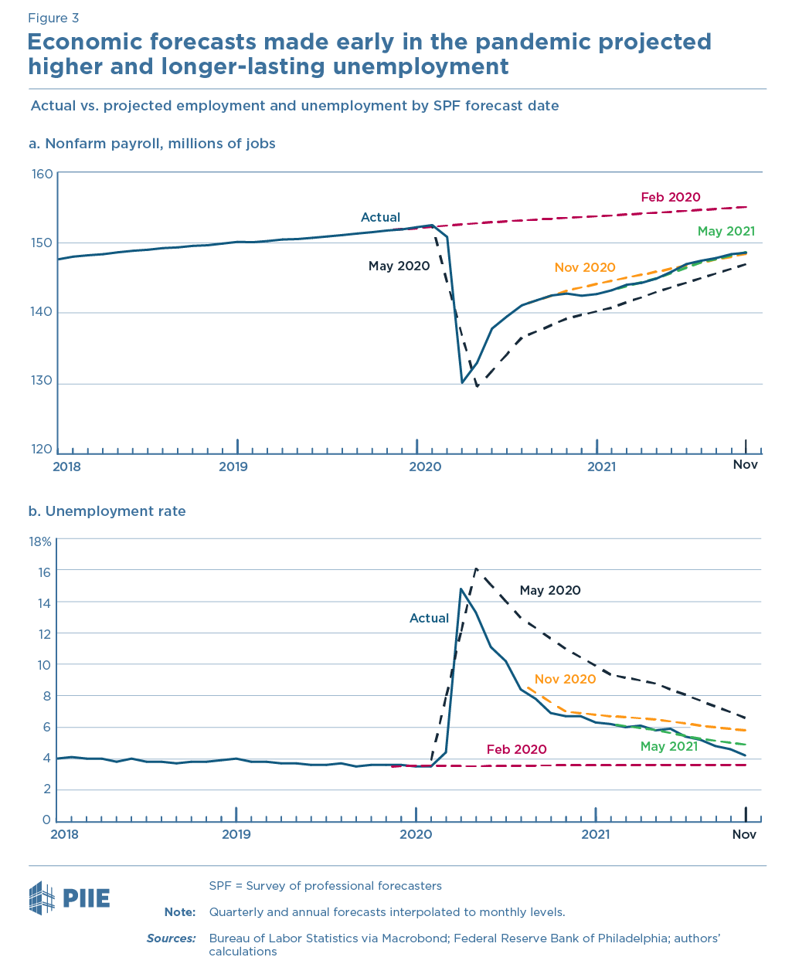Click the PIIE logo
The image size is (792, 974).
[x=70, y=898]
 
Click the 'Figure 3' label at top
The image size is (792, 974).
[x=53, y=18]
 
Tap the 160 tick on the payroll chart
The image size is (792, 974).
[x=43, y=174]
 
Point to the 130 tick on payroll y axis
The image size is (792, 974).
[x=43, y=381]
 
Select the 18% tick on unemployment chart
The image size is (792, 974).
[x=40, y=541]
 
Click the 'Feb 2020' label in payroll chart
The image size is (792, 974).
[x=671, y=197]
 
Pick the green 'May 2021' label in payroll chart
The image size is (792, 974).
[x=726, y=231]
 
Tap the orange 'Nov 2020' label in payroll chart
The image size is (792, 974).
[x=585, y=267]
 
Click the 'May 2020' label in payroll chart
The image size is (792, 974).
[x=399, y=266]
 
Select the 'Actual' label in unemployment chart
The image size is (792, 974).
[x=429, y=618]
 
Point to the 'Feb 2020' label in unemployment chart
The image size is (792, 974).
[x=516, y=749]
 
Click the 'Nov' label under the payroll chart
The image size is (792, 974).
[x=746, y=464]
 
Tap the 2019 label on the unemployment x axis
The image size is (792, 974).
[x=236, y=834]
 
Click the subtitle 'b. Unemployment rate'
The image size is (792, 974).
[x=107, y=511]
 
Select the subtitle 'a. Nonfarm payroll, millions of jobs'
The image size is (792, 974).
[x=152, y=144]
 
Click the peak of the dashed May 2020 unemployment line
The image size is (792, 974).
[x=476, y=568]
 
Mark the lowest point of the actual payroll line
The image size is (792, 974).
[x=462, y=382]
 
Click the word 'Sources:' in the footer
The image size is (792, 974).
[x=172, y=938]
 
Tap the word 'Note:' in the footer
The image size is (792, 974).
[x=180, y=912]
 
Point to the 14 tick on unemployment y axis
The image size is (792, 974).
[x=44, y=602]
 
